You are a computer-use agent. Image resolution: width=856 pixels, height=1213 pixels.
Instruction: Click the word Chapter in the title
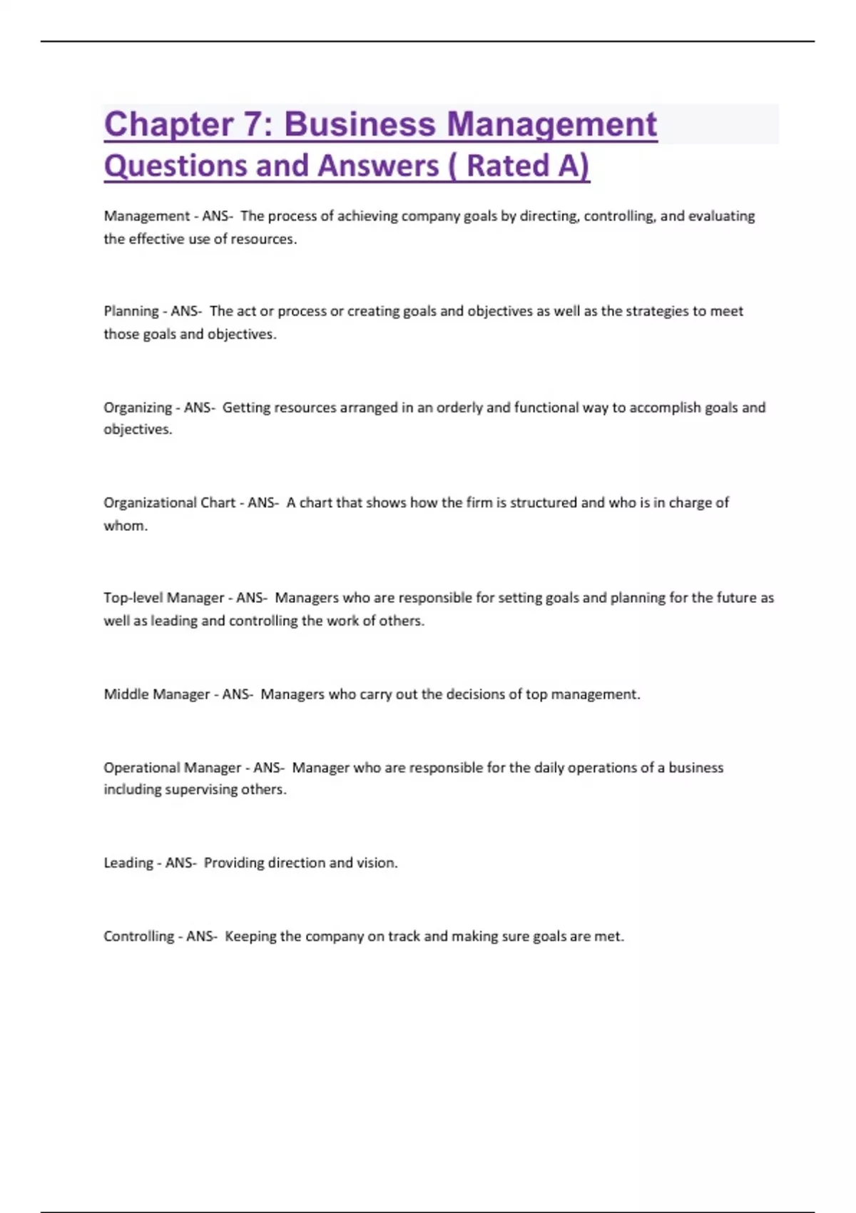169,125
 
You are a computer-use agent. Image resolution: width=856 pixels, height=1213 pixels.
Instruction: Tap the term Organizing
138,408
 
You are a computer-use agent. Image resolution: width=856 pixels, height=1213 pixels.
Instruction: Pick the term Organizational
150,503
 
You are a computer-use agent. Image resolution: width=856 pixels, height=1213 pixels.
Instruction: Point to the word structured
543,503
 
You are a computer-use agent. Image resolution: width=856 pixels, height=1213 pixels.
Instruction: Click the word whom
125,526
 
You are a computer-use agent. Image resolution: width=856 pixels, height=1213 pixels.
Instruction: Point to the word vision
376,863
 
